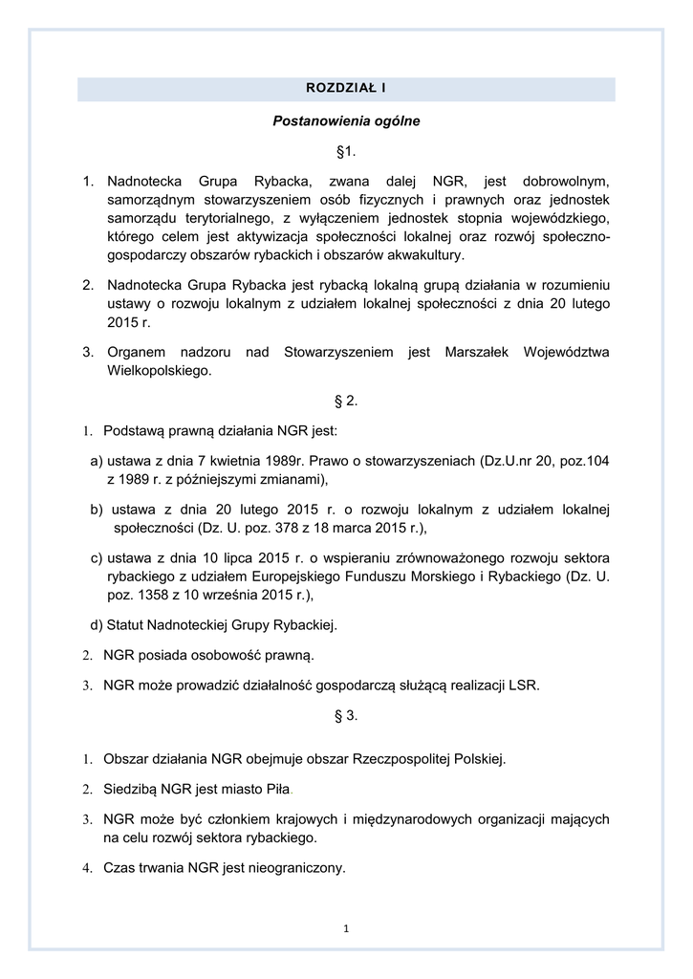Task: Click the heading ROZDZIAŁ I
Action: (x=346, y=89)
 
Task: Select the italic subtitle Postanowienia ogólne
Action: (x=346, y=121)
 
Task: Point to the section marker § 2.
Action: (x=346, y=400)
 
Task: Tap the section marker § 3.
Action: (x=346, y=715)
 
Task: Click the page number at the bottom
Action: (x=346, y=926)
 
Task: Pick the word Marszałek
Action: (x=478, y=352)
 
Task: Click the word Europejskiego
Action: (x=295, y=576)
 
